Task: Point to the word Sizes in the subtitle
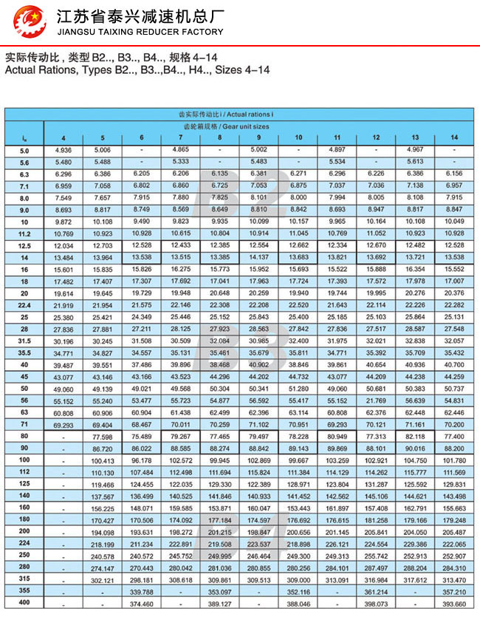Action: coord(232,70)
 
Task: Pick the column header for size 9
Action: coord(258,138)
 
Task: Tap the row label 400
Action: coord(24,604)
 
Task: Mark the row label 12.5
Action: coord(24,245)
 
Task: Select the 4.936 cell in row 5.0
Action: coord(64,150)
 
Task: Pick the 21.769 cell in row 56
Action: coord(376,400)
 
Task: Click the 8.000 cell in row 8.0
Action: coord(298,198)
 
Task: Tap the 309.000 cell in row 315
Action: coord(298,580)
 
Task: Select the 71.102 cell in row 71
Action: coord(258,424)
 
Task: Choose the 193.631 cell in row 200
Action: coord(142,532)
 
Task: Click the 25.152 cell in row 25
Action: coord(219,317)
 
